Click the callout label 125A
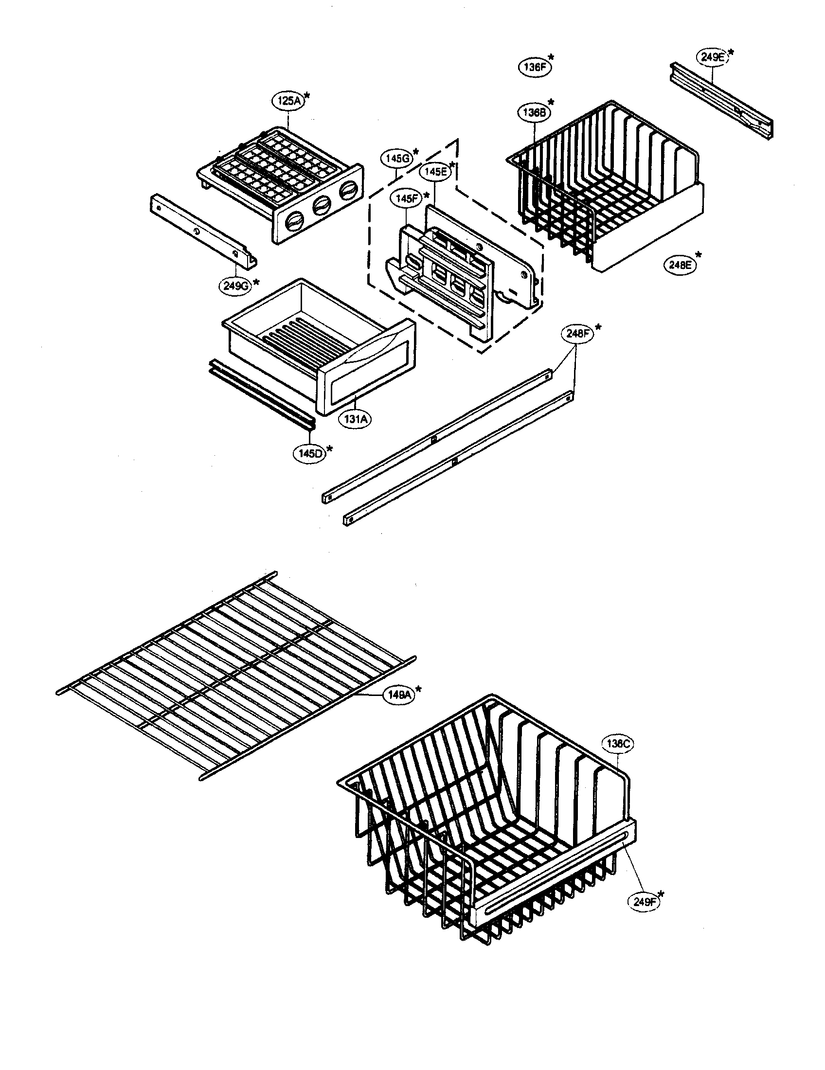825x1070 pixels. point(288,102)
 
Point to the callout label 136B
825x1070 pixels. point(534,112)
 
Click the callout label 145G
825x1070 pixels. point(397,159)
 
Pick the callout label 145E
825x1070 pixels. point(435,172)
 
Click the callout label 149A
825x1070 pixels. point(399,695)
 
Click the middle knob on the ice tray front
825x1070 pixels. point(321,206)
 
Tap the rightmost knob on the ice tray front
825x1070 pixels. point(348,192)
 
